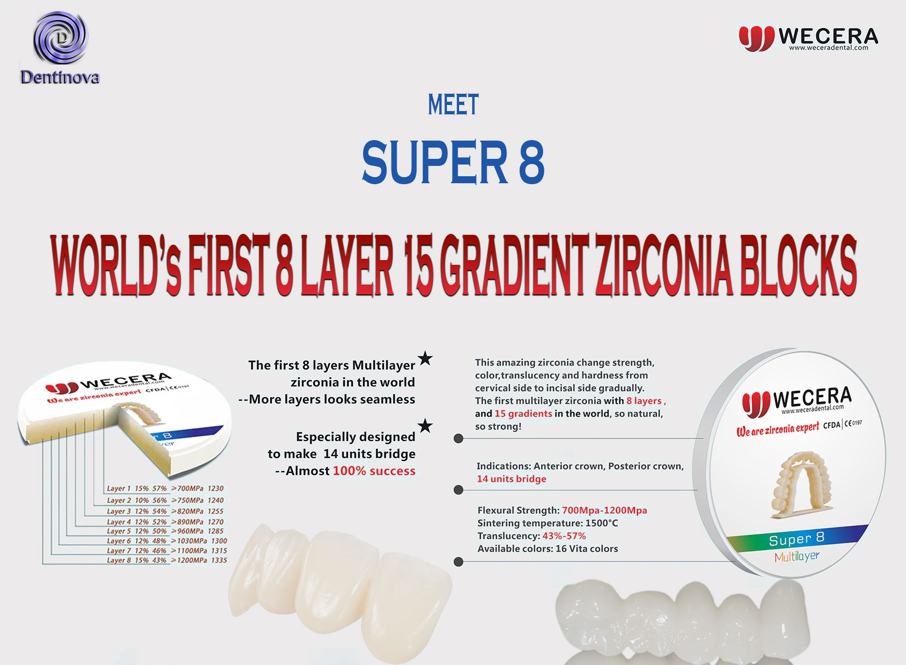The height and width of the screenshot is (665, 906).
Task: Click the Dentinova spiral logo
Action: tap(60, 38)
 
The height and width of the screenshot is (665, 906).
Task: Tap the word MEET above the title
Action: tap(453, 105)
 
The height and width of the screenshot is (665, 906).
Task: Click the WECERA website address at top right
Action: tap(829, 48)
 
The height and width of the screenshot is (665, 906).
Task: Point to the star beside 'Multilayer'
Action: tap(425, 359)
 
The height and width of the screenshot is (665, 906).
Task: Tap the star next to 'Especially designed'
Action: tap(425, 426)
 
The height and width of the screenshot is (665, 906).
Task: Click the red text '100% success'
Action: tap(374, 471)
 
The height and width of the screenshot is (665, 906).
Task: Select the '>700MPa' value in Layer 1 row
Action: tap(187, 488)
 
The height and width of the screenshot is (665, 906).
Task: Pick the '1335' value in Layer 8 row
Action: tap(219, 560)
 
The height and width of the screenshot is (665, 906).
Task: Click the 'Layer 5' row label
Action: tap(119, 531)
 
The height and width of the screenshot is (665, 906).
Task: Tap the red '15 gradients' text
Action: tap(523, 414)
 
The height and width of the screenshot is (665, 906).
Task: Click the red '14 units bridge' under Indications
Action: tap(512, 479)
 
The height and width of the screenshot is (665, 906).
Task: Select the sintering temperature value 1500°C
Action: tap(602, 523)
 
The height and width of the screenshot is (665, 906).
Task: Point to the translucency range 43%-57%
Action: tap(564, 536)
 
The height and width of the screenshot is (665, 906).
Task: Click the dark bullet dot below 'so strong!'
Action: tap(459, 439)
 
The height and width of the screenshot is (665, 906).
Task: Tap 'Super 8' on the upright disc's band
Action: tap(797, 539)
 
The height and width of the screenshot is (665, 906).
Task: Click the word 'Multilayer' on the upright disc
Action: tap(797, 557)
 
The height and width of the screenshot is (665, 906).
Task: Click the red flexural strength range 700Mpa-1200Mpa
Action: tap(604, 510)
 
